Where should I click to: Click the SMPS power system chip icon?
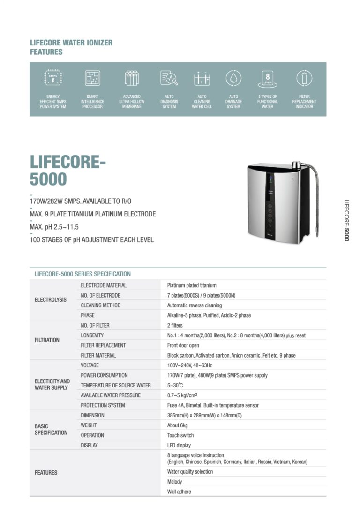[x=53, y=78]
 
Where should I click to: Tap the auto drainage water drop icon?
[x=233, y=78]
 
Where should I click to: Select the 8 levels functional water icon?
[x=267, y=78]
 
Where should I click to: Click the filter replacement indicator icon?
[x=304, y=78]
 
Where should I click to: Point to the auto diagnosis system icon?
[x=169, y=78]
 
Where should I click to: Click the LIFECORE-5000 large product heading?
[x=68, y=170]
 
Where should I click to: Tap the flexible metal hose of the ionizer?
[x=318, y=192]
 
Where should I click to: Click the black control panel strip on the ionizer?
[x=270, y=206]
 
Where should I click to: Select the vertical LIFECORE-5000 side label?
[x=346, y=220]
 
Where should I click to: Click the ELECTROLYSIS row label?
[x=51, y=300]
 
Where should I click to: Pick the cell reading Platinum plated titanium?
[x=192, y=285]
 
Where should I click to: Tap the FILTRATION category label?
[x=47, y=340]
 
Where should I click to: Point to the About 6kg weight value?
[x=180, y=425]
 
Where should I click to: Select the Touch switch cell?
[x=180, y=435]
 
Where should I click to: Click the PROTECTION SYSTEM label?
[x=103, y=405]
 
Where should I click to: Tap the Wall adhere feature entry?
[x=179, y=492]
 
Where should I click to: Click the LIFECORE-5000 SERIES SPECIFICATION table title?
[x=82, y=274]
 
